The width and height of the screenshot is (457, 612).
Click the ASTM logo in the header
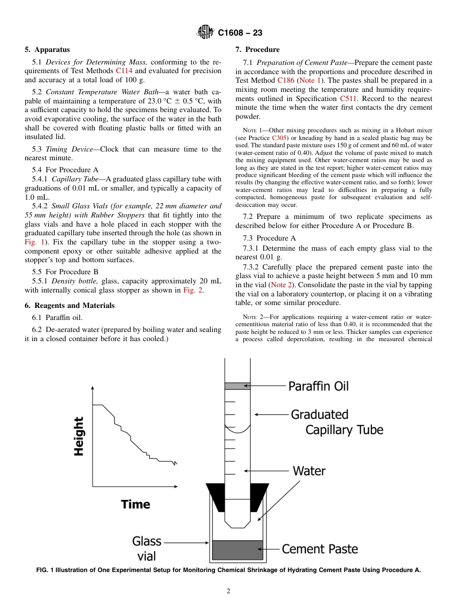[205, 33]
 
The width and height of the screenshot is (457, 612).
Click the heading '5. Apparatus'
[47, 50]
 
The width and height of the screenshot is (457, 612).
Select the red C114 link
[124, 71]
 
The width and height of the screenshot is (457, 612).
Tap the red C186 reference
[286, 80]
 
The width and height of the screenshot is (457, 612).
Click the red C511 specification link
[349, 99]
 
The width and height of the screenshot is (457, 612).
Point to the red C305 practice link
[279, 138]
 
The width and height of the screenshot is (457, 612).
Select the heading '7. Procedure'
[257, 50]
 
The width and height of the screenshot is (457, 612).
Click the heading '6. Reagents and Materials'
[70, 306]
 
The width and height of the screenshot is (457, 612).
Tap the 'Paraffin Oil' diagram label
[318, 386]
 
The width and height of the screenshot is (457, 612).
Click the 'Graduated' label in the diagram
[319, 414]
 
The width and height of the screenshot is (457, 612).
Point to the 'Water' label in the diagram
[309, 471]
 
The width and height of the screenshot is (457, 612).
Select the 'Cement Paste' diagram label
[319, 549]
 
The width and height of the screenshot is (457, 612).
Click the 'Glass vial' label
[147, 549]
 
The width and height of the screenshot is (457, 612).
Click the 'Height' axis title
[79, 436]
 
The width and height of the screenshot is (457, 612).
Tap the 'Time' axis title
[135, 504]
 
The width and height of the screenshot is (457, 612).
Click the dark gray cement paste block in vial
[237, 549]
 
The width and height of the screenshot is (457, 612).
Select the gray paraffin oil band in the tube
[237, 386]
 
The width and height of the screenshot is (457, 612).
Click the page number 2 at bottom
[228, 591]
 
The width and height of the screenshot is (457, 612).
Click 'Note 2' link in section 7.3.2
[281, 285]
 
